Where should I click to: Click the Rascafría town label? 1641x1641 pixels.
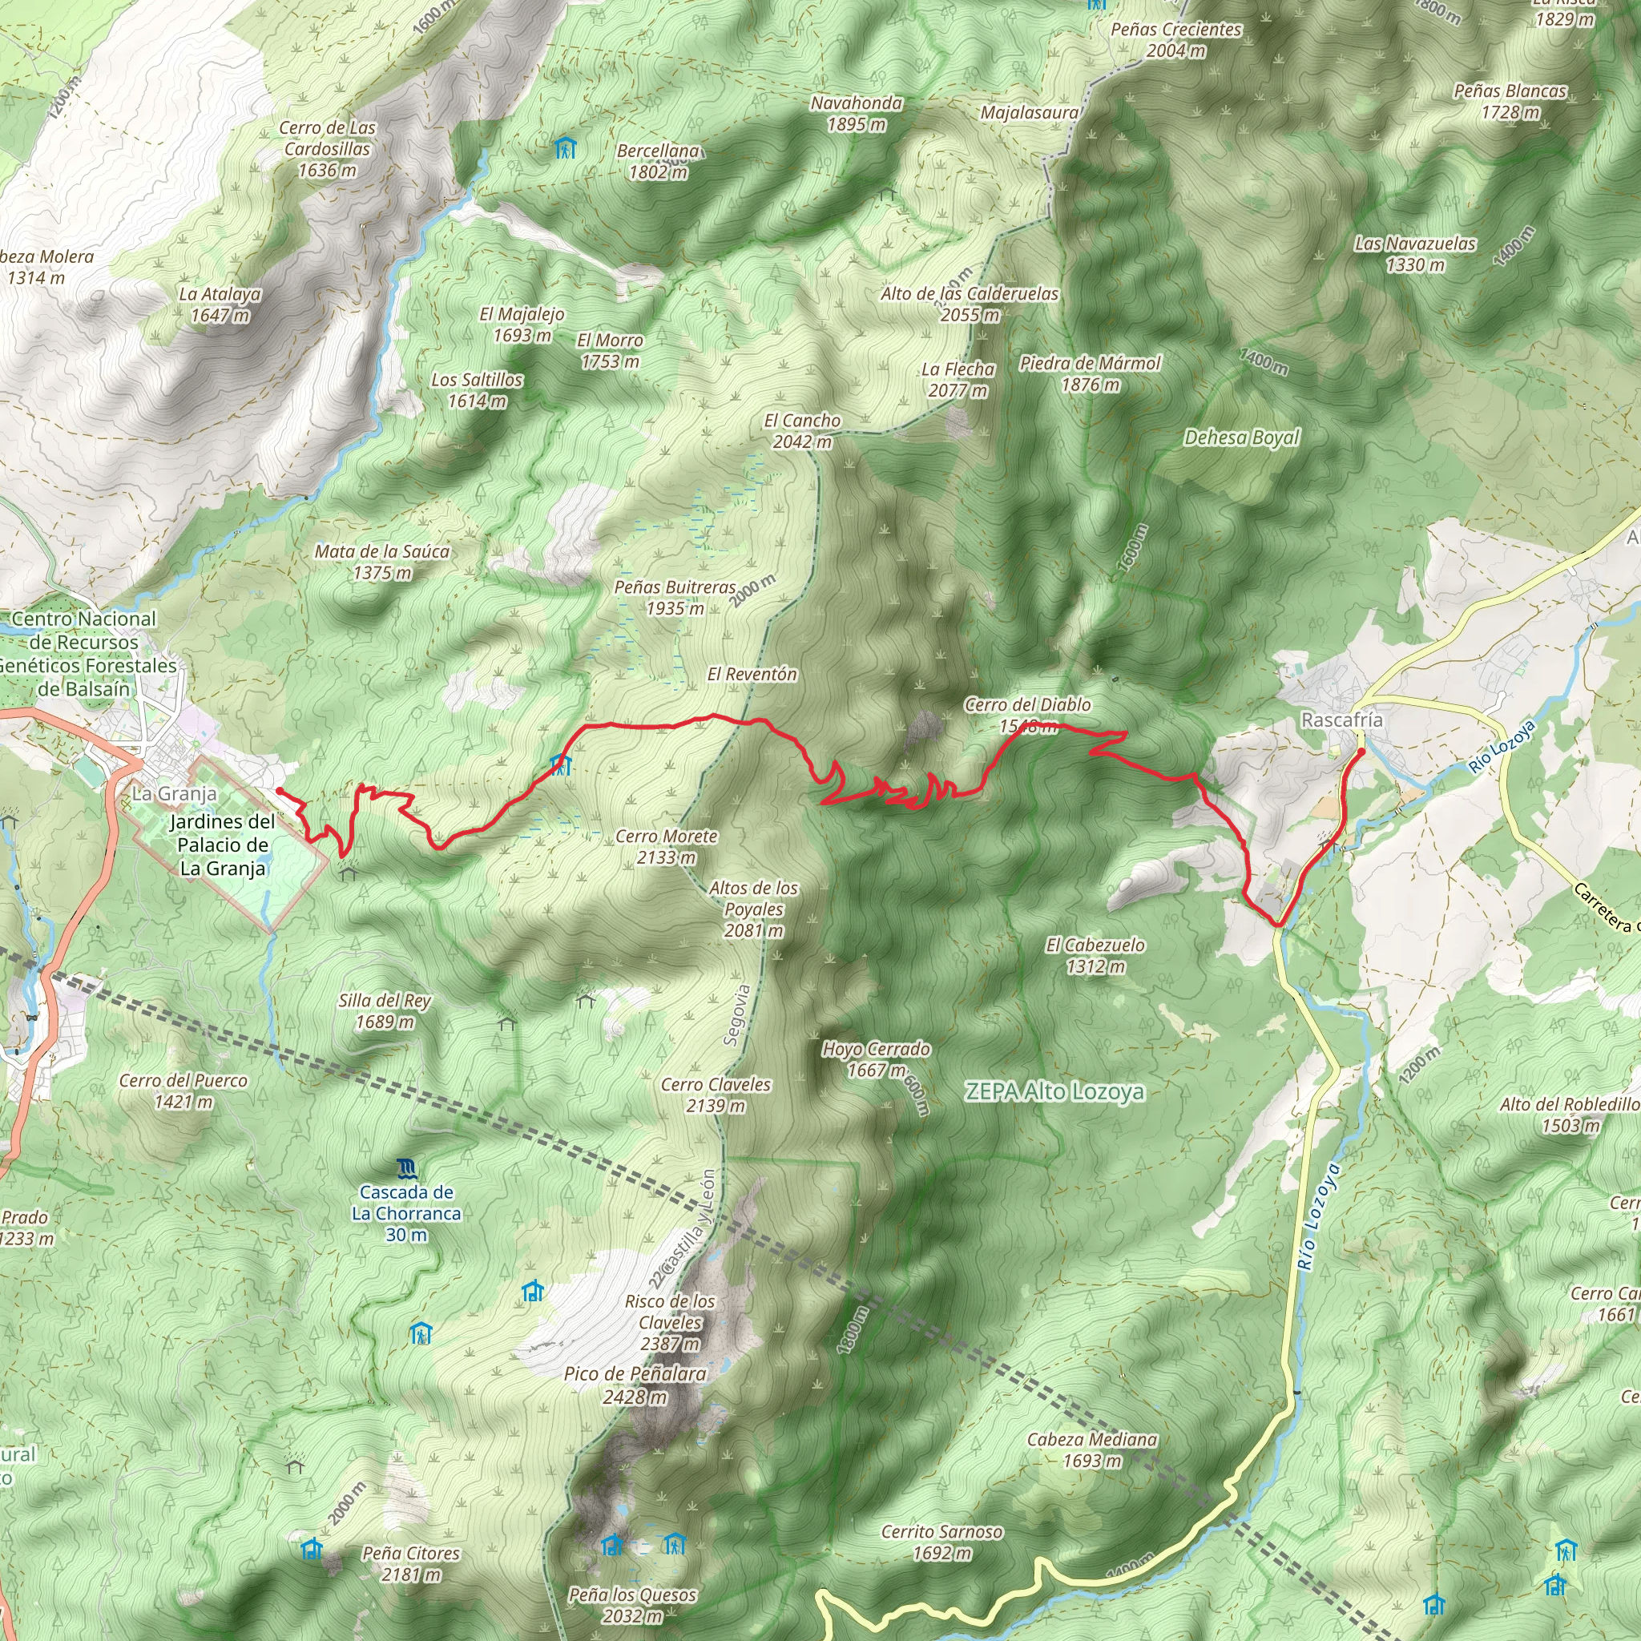point(1341,720)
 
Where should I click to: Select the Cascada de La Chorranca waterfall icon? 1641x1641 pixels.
point(407,1169)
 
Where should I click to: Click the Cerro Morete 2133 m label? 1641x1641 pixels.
point(667,847)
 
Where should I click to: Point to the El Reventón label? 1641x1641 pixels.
point(752,675)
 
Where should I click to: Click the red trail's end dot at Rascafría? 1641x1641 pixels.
point(1361,752)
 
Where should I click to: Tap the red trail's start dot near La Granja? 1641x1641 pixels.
point(280,791)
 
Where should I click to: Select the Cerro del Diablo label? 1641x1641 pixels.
point(1028,705)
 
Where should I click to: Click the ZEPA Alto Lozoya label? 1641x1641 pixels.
point(1054,1091)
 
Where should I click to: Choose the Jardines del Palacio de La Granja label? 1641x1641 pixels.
point(223,845)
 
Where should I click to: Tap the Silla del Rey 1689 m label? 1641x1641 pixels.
point(385,1010)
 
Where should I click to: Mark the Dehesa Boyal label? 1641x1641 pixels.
point(1242,437)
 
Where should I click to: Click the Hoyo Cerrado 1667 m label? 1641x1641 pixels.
point(876,1059)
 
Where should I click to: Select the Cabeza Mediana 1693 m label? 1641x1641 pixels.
point(1091,1449)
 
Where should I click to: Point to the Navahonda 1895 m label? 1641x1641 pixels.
point(857,113)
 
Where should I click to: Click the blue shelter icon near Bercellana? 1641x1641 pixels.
point(565,150)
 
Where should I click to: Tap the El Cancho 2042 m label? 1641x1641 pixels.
point(802,430)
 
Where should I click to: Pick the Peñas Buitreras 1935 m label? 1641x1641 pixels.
point(675,597)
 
